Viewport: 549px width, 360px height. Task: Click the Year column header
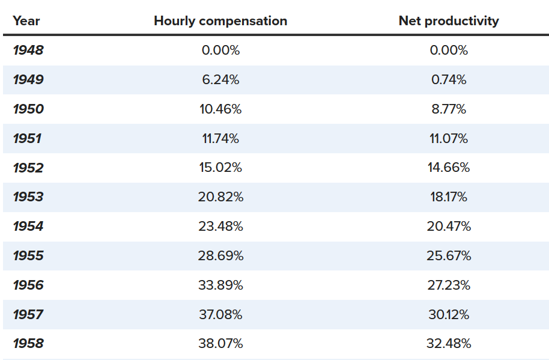pos(26,21)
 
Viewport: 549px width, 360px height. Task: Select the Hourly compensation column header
pos(220,21)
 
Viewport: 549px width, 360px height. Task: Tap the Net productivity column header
pos(449,21)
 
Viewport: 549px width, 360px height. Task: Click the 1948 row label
pos(28,50)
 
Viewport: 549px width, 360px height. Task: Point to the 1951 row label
pos(27,139)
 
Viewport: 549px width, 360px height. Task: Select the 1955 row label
pos(28,255)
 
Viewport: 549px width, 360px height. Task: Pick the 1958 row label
pos(28,344)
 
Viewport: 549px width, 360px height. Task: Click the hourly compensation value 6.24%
pos(220,80)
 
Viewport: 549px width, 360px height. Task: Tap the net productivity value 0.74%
pos(449,80)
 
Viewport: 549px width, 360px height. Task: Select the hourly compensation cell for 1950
pos(220,109)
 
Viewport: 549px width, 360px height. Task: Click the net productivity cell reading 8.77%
pos(449,109)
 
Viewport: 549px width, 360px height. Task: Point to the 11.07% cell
pos(449,139)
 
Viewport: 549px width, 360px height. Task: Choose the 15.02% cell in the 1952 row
pos(220,168)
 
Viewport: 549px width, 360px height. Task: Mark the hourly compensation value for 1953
pos(220,197)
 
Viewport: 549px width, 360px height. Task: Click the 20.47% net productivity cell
pos(449,227)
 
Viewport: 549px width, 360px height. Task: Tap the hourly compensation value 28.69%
pos(220,256)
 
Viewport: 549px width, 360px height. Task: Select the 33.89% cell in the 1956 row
pos(220,285)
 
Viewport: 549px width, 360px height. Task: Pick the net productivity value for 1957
pos(449,315)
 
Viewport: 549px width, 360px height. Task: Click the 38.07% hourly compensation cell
pos(220,344)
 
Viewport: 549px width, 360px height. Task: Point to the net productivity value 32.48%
pos(449,344)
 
